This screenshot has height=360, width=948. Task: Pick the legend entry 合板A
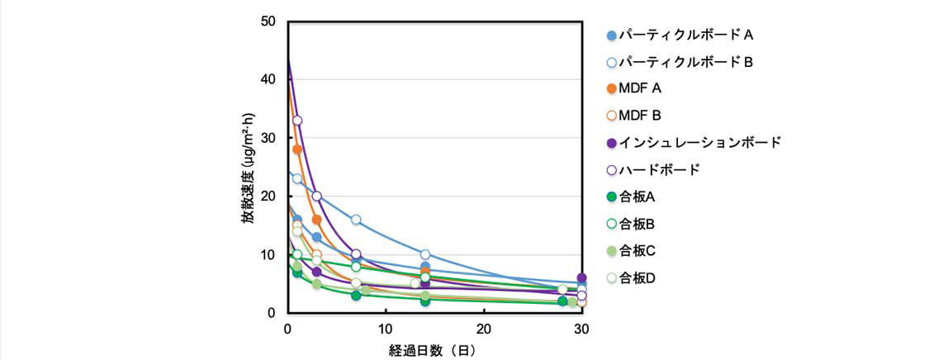click(637, 197)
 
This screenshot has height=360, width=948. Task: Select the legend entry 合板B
click(637, 223)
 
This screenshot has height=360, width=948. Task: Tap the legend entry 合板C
click(637, 250)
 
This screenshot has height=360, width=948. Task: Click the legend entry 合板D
click(637, 277)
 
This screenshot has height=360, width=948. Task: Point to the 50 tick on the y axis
click(268, 21)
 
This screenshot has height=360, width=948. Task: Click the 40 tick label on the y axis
click(268, 79)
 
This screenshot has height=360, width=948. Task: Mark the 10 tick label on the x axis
click(386, 329)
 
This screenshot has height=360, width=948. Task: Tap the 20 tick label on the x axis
click(484, 329)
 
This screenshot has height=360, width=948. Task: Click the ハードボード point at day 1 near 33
click(297, 121)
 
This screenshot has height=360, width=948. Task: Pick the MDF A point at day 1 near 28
click(297, 149)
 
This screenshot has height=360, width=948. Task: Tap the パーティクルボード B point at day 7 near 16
click(356, 220)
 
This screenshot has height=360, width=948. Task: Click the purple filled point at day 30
click(582, 278)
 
